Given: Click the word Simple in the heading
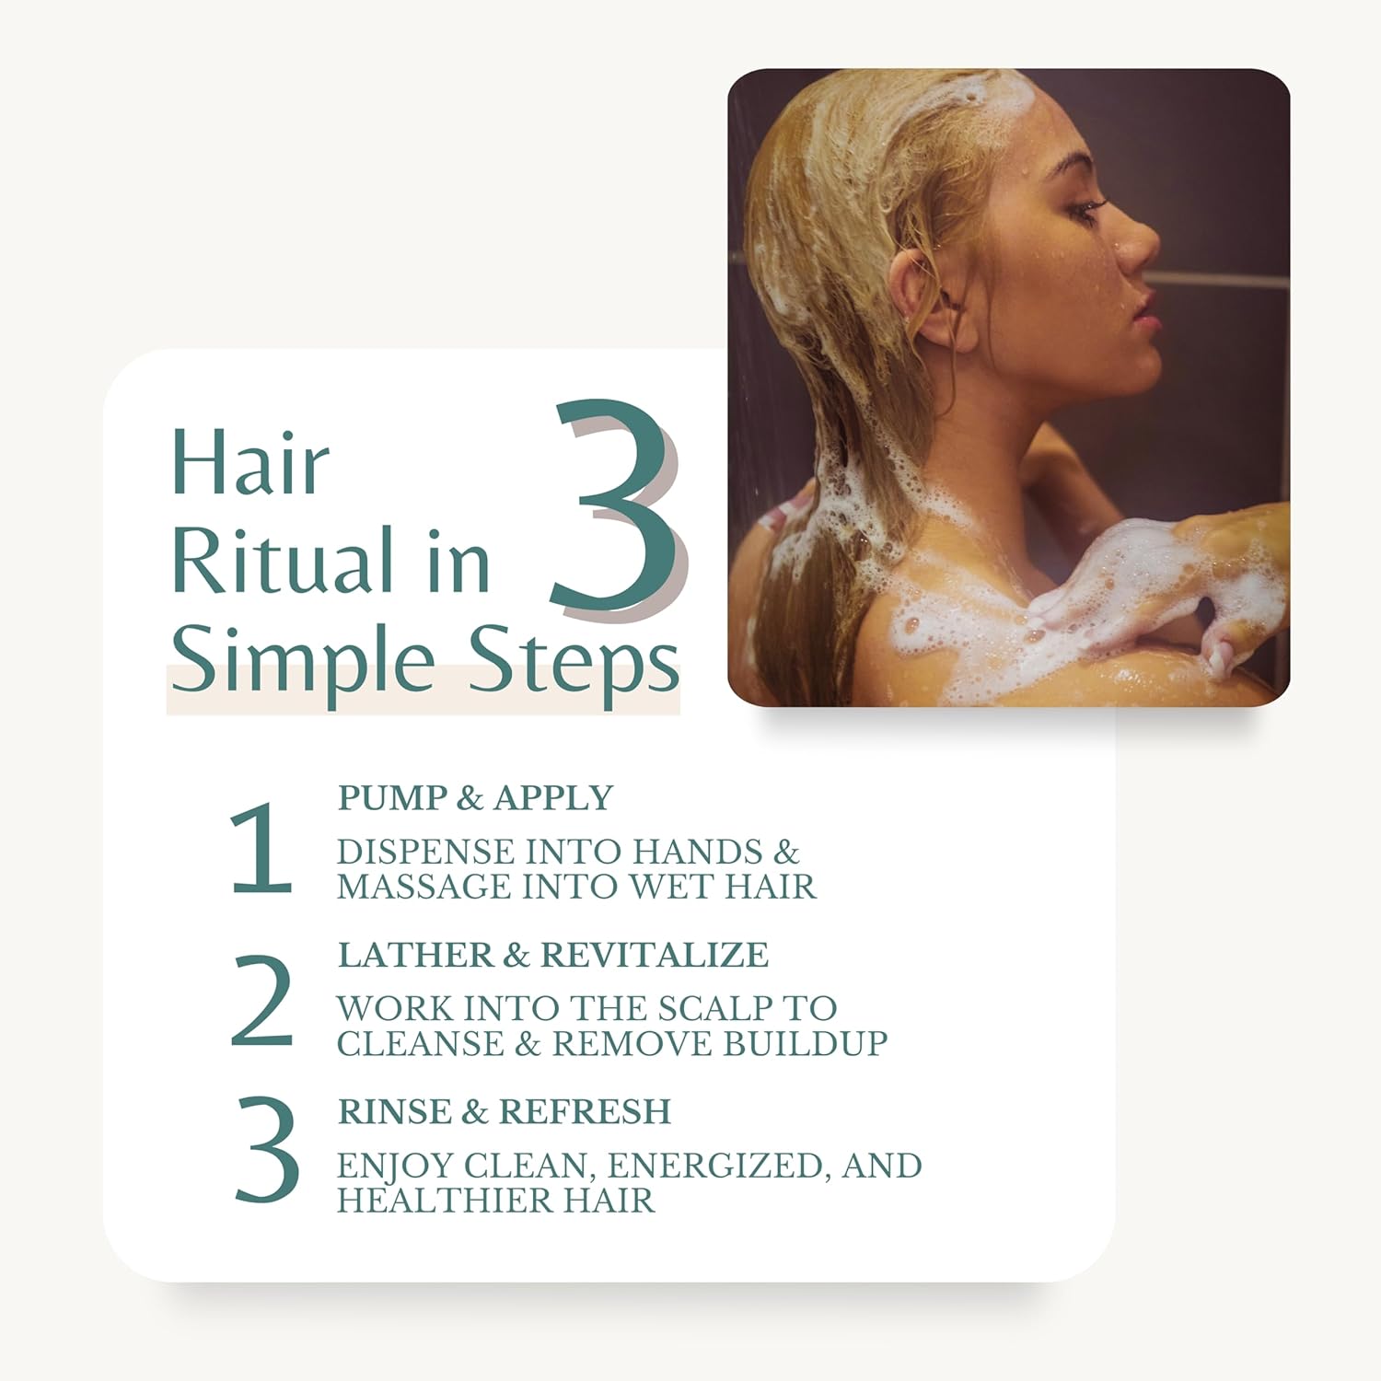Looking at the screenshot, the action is pyautogui.click(x=303, y=662).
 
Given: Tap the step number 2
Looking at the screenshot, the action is pyautogui.click(x=261, y=1001).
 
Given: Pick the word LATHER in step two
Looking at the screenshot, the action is pyautogui.click(x=415, y=955).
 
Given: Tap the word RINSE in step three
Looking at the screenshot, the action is pyautogui.click(x=394, y=1112).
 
